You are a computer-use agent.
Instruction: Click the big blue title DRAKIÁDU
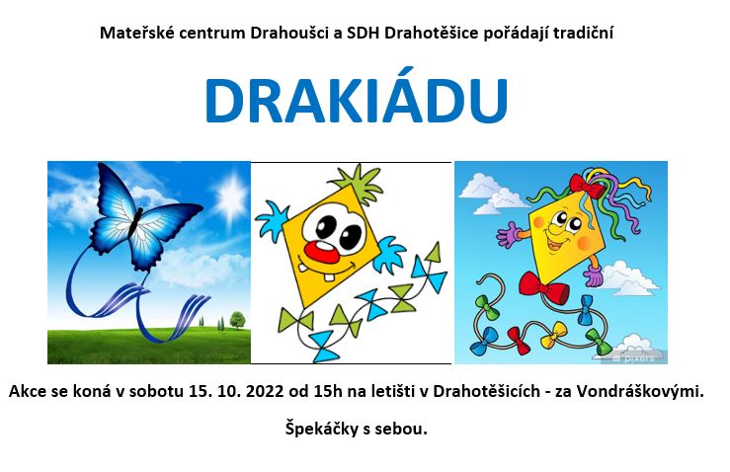357,100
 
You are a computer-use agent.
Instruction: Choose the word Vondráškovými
640,391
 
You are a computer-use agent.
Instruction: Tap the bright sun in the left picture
230,197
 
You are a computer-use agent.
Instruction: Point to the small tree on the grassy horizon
237,320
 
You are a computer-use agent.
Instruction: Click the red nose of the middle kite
322,252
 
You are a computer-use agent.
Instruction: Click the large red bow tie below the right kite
543,285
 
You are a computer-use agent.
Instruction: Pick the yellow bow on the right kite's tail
554,335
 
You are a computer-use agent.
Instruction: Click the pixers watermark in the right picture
633,357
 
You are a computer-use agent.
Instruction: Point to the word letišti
394,391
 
